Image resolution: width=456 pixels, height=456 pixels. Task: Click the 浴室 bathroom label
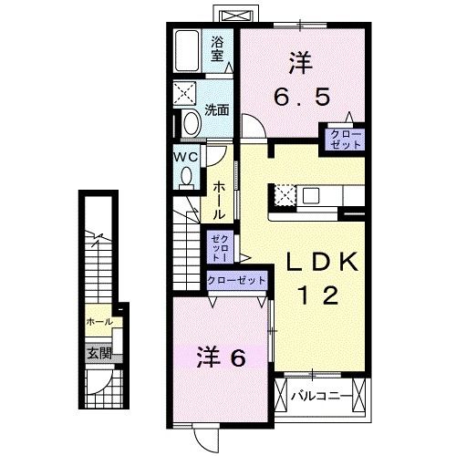pyautogui.click(x=218, y=48)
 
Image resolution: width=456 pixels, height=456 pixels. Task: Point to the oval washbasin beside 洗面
pyautogui.click(x=190, y=123)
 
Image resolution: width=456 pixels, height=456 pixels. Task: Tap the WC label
pyautogui.click(x=186, y=157)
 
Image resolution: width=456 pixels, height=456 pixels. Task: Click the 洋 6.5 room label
pyautogui.click(x=301, y=79)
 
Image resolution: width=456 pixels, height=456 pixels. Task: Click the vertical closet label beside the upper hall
pyautogui.click(x=219, y=244)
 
